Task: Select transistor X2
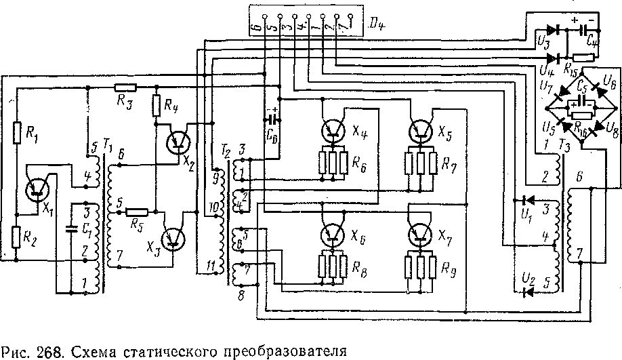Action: click(178, 140)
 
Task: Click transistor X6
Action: click(333, 235)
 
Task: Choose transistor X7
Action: click(420, 235)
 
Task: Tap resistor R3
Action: click(125, 87)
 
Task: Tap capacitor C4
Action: click(583, 31)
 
